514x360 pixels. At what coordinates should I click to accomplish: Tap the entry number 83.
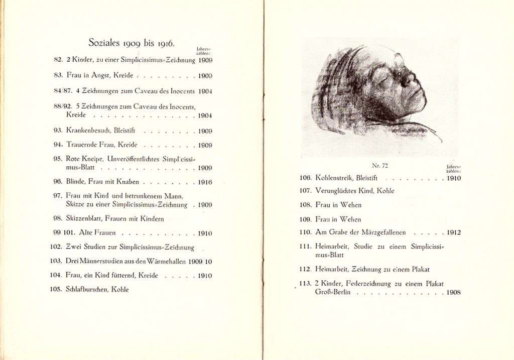click(59, 75)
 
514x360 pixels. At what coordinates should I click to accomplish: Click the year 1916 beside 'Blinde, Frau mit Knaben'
click(205, 182)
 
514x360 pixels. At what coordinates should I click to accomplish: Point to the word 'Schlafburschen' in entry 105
click(86, 289)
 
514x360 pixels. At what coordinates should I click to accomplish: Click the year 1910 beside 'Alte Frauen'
click(205, 233)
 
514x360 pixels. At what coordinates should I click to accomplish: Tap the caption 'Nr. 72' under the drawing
click(379, 165)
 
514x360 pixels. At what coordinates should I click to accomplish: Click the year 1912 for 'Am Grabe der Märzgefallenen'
click(454, 232)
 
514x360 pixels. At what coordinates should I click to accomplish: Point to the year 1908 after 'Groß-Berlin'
click(454, 292)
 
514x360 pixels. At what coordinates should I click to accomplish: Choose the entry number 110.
click(306, 232)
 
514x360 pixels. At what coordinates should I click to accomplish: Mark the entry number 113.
click(306, 284)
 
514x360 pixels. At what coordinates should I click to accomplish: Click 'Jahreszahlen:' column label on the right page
click(453, 168)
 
